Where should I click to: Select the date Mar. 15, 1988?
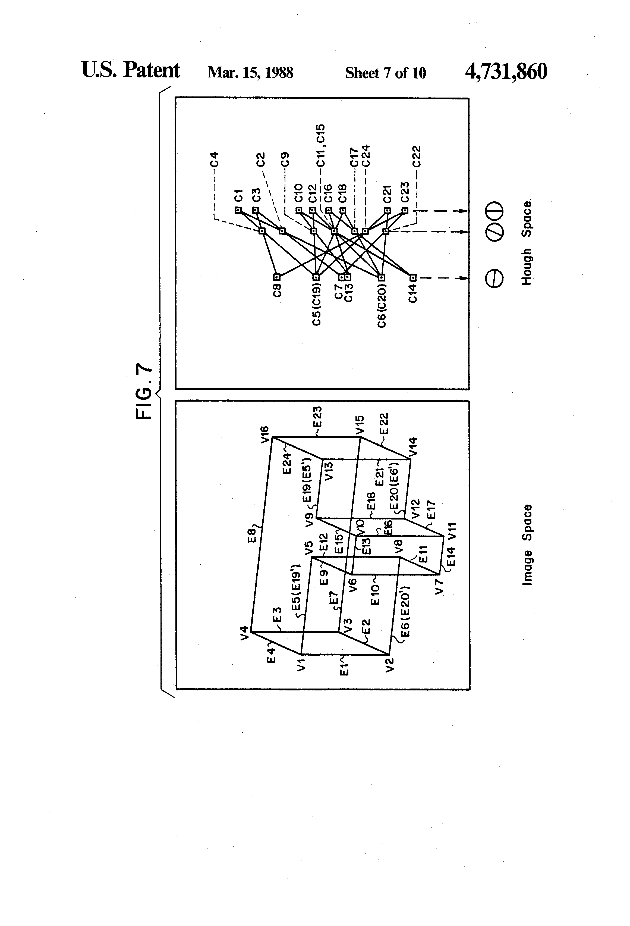[x=250, y=73]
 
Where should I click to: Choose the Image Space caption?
[x=527, y=545]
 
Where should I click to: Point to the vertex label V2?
[x=389, y=665]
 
